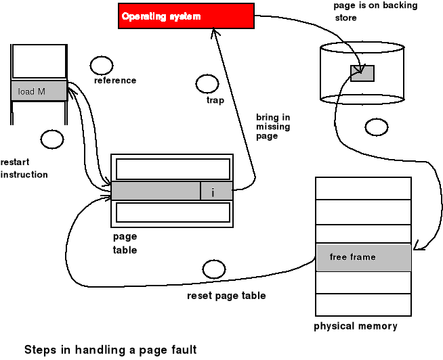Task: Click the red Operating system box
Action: (x=186, y=16)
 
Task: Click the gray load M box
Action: (x=39, y=91)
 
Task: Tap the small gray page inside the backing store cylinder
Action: (x=362, y=73)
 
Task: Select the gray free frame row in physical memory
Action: (x=363, y=258)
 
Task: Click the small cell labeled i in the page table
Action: (x=216, y=192)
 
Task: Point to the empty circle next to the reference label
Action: (x=102, y=65)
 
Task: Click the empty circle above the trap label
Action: (x=207, y=85)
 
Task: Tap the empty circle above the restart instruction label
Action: (x=51, y=139)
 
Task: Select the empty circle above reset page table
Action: (x=213, y=269)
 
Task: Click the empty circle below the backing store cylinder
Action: (x=375, y=127)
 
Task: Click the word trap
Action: (x=215, y=101)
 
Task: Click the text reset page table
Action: (x=226, y=296)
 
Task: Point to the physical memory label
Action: (x=356, y=327)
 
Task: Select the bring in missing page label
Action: (x=273, y=127)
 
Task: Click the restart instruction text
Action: (x=24, y=168)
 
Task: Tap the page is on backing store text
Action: (x=375, y=11)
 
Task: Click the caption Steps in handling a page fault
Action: (x=110, y=350)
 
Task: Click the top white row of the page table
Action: (x=171, y=168)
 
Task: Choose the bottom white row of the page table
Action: (x=171, y=212)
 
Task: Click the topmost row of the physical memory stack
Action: (x=363, y=187)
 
